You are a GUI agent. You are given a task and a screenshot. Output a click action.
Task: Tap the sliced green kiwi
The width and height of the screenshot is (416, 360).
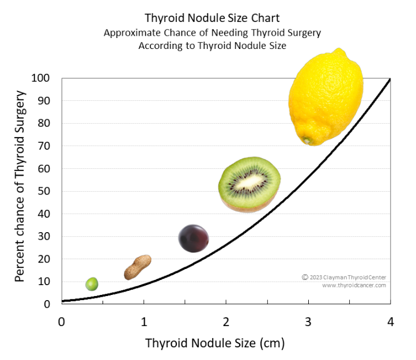point(249,184)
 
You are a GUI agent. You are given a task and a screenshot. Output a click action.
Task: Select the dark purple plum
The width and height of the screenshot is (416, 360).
point(194,238)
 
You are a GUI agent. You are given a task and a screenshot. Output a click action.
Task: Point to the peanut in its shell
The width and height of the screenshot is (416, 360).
point(138,267)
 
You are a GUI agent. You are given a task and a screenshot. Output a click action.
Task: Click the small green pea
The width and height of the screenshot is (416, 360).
point(92,284)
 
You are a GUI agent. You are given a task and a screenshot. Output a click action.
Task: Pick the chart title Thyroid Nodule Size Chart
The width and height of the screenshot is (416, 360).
point(212,18)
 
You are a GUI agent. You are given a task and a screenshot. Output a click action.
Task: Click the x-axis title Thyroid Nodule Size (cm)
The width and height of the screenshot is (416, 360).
point(215,344)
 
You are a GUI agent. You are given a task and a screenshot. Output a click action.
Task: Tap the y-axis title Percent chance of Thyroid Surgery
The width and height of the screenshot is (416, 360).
point(20,186)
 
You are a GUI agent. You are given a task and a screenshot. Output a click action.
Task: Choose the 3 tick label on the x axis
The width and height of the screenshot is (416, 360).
point(308,321)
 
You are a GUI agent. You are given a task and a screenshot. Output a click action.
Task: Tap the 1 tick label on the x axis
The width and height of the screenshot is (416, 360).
point(143,321)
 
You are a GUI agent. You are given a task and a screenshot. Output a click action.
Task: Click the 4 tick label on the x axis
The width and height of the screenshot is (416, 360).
point(391,321)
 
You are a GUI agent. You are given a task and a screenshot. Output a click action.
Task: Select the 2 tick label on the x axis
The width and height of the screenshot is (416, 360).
point(226,321)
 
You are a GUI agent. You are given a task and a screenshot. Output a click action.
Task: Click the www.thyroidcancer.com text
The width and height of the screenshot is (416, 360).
point(354,285)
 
